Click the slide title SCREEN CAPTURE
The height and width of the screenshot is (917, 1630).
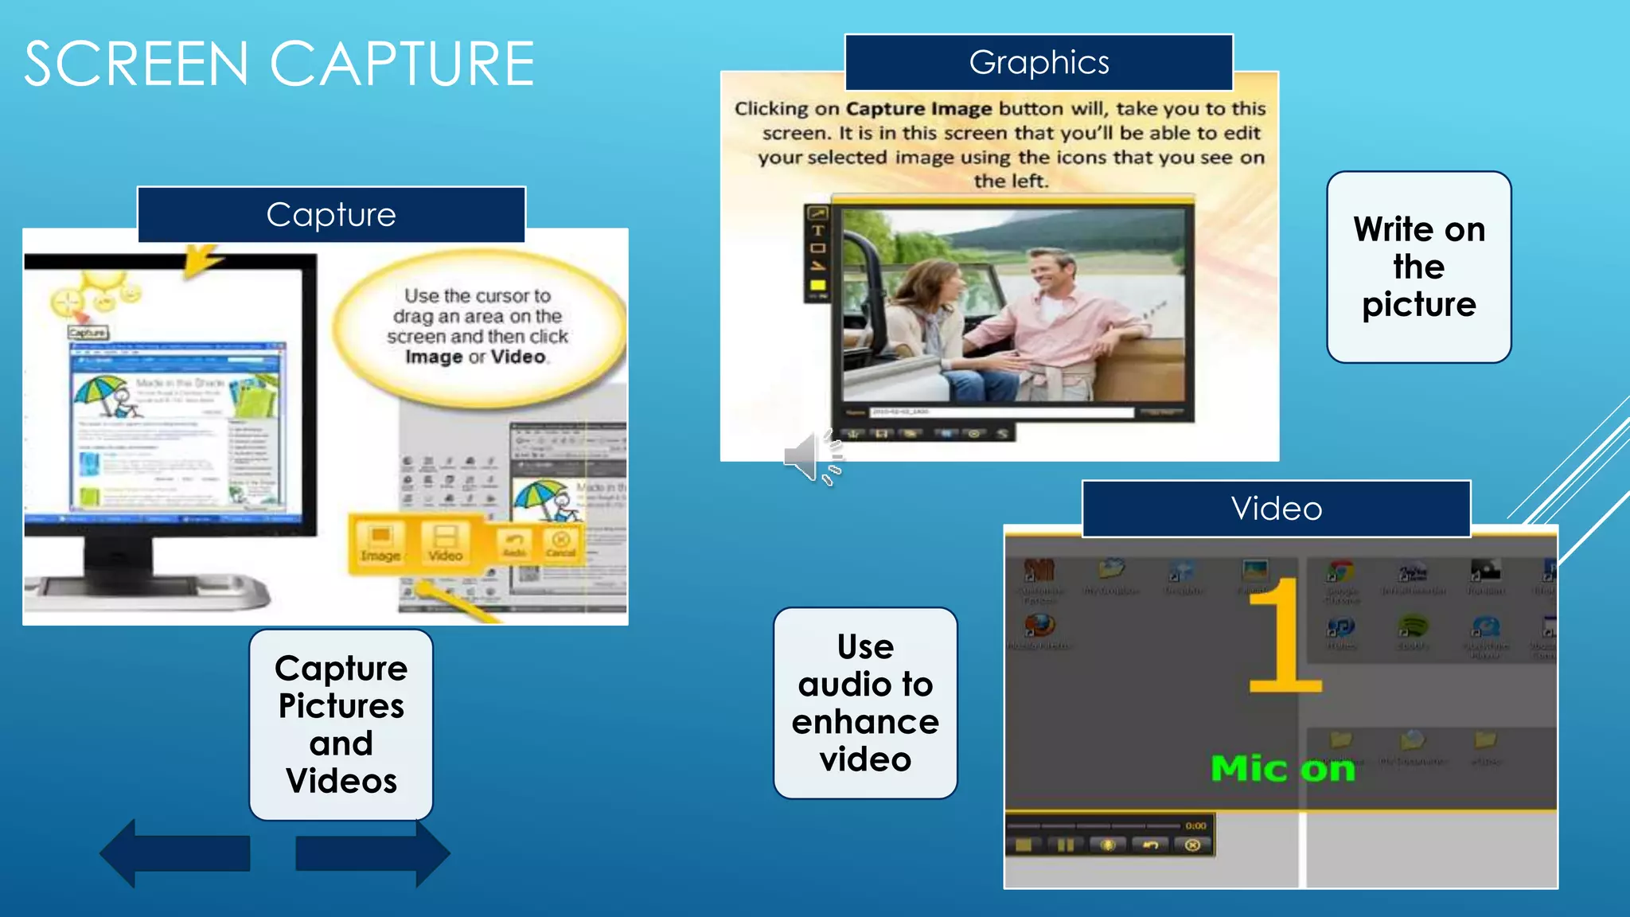[279, 64]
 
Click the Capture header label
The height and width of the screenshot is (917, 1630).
[331, 215]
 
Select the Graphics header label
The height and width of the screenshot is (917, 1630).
[1039, 62]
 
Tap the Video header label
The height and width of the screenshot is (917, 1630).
[1276, 509]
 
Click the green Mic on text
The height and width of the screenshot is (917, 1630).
[1282, 769]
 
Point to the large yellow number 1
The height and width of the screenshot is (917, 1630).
[1283, 637]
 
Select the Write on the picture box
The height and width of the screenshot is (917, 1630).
[1418, 267]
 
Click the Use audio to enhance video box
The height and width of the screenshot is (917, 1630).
[865, 703]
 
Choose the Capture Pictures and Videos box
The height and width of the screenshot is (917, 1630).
[341, 724]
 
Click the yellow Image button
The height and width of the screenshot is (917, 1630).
[380, 542]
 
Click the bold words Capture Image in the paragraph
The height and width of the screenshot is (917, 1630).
[918, 108]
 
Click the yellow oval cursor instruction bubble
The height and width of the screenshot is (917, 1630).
[478, 326]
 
